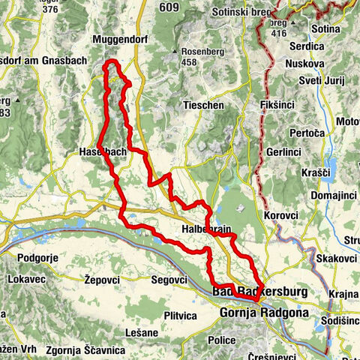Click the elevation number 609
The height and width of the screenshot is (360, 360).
(169, 8)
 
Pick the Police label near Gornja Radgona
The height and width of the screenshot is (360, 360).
(222, 340)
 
